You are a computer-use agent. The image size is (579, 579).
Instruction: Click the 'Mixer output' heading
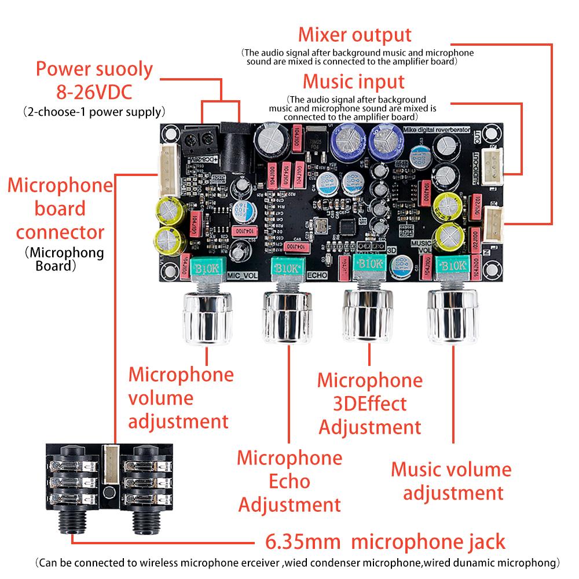tap(354, 35)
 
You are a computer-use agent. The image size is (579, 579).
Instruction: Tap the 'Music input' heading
tap(354, 80)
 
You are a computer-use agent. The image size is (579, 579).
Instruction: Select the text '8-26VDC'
tap(94, 91)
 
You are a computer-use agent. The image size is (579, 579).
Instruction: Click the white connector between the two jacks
tap(110, 463)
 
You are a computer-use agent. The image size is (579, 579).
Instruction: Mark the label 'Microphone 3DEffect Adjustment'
tap(369, 404)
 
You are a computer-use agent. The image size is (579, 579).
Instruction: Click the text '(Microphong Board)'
tap(64, 259)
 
